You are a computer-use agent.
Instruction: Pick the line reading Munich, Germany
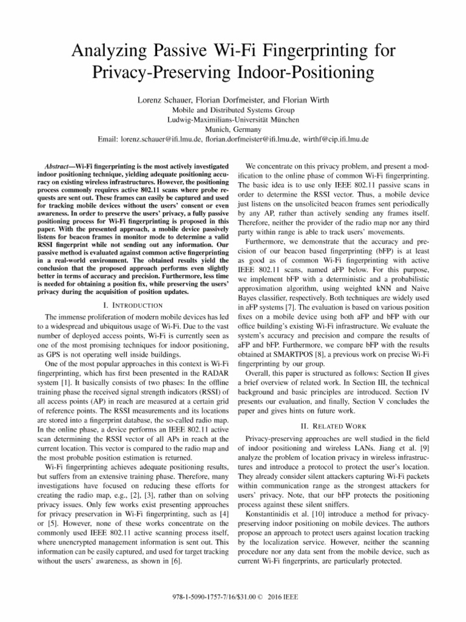click(234, 129)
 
